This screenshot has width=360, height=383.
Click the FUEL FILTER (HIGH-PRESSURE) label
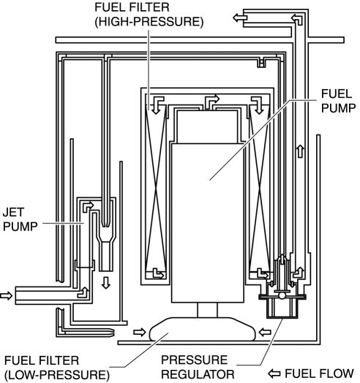point(149,15)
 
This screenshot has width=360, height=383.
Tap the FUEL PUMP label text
point(338,101)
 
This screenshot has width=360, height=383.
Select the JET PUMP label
point(20,219)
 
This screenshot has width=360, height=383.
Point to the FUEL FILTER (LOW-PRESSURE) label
point(57,368)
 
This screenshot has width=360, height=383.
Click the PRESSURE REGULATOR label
point(198,367)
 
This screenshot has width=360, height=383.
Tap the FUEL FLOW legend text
point(320,373)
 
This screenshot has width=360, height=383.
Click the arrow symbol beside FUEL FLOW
point(274,373)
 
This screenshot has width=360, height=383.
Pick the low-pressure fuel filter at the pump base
point(202,329)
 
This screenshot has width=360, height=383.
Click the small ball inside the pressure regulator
point(282,296)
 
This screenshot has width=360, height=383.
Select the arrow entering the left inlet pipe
point(6,295)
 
